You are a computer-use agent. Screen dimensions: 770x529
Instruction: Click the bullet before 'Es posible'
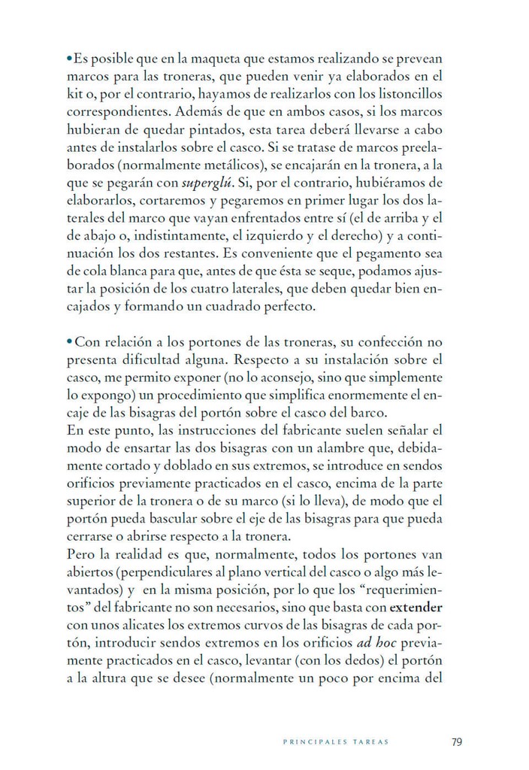click(x=69, y=57)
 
